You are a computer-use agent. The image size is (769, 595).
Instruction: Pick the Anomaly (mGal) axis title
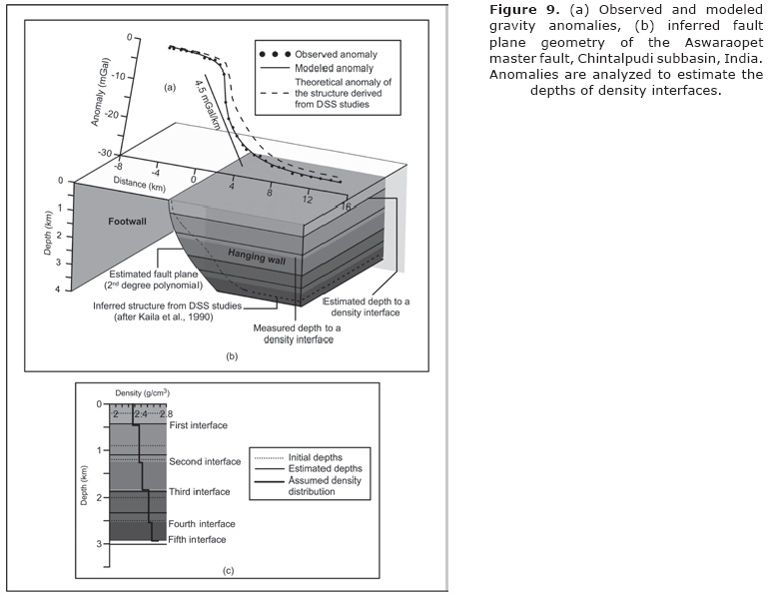[x=97, y=95]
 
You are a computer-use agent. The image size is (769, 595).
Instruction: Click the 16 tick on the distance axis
[x=345, y=207]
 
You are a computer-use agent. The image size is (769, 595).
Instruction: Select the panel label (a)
[x=170, y=87]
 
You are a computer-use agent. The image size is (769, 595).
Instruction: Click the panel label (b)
[x=232, y=355]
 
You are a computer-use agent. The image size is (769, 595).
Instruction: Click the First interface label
[x=200, y=425]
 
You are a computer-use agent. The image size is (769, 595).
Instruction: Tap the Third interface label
[x=200, y=493]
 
